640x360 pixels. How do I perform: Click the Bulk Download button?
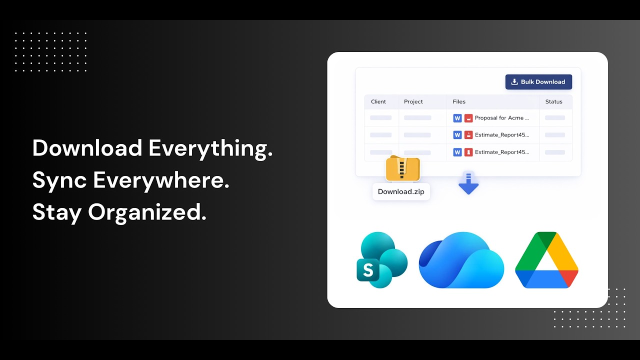pos(538,82)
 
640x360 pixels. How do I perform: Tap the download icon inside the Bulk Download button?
pos(514,82)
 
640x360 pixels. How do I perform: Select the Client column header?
pos(378,101)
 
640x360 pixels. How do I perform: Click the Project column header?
pos(413,101)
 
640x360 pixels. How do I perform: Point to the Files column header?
pos(459,101)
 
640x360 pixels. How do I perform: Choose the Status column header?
pos(553,101)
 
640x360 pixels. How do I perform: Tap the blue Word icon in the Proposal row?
pos(457,118)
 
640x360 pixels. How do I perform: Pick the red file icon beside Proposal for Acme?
pos(468,118)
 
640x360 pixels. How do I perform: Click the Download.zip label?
pos(401,191)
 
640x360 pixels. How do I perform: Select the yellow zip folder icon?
pos(402,168)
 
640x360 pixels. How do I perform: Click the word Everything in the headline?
pos(210,148)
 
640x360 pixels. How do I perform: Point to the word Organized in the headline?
pos(147,212)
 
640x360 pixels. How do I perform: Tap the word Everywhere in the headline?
pos(161,180)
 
